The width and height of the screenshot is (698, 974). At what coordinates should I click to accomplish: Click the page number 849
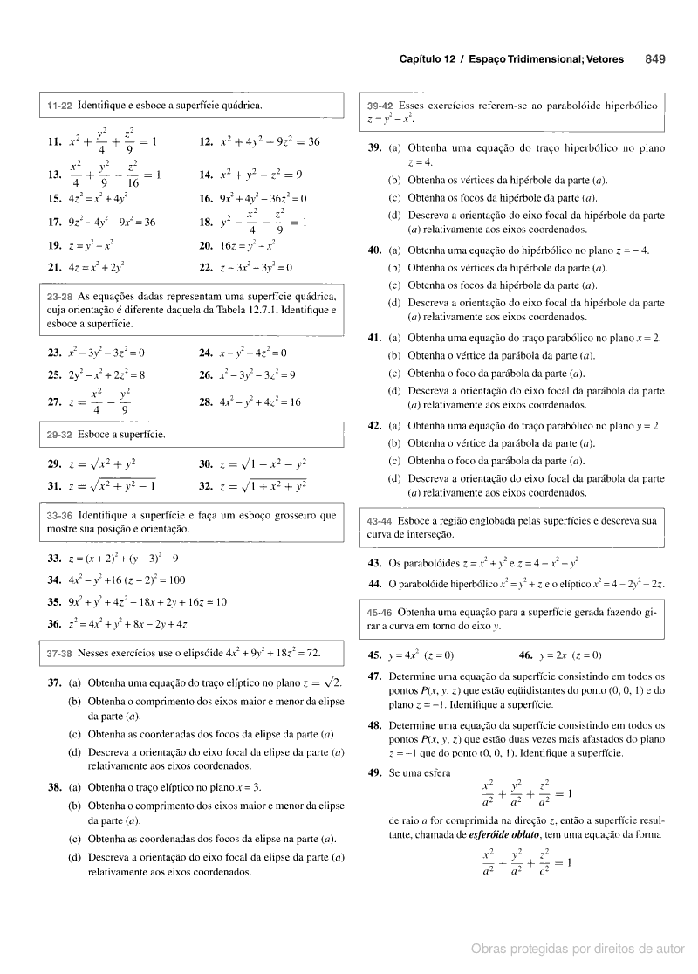pyautogui.click(x=655, y=59)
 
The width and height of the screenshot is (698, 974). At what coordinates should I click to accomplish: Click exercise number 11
pyautogui.click(x=55, y=141)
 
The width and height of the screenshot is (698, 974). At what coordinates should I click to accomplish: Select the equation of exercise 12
pyautogui.click(x=270, y=141)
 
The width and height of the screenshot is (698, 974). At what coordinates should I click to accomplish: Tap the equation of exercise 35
pyautogui.click(x=147, y=601)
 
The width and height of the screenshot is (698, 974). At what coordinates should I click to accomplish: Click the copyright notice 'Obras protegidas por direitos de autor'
pyautogui.click(x=578, y=948)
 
